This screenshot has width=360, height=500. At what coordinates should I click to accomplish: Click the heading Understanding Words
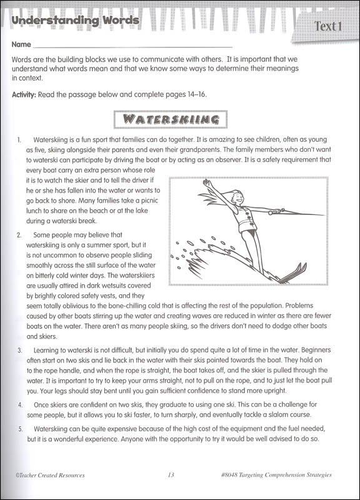tap(75, 21)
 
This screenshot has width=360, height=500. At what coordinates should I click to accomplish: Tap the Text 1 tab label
tap(328, 26)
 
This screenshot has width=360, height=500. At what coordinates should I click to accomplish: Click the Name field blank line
tap(131, 46)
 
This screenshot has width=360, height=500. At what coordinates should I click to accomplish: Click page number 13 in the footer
tap(171, 475)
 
